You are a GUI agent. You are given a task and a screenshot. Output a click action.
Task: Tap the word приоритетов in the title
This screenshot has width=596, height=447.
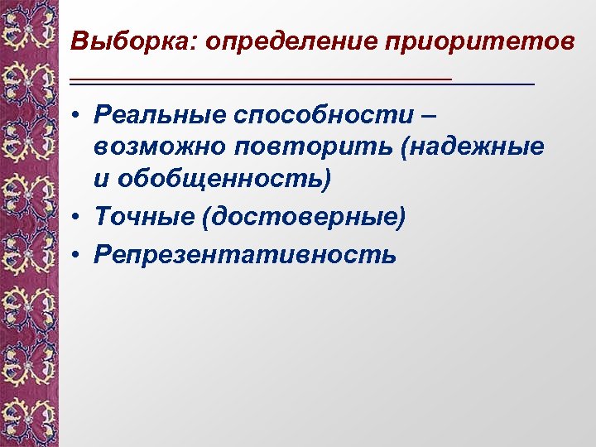[x=478, y=41]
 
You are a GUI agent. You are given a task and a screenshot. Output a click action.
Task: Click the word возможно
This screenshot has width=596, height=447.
[x=159, y=147]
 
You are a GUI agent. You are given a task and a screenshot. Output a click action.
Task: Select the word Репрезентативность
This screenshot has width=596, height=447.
[x=246, y=254]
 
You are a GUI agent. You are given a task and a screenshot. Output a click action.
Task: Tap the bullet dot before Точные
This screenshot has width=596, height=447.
[x=76, y=218]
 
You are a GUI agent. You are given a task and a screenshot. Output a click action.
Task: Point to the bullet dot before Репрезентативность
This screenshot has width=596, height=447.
[x=76, y=255]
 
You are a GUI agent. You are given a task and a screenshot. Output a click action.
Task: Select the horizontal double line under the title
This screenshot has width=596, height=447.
[x=302, y=81]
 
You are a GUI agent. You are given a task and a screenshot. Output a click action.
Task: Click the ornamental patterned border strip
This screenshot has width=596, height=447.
[x=29, y=223]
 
